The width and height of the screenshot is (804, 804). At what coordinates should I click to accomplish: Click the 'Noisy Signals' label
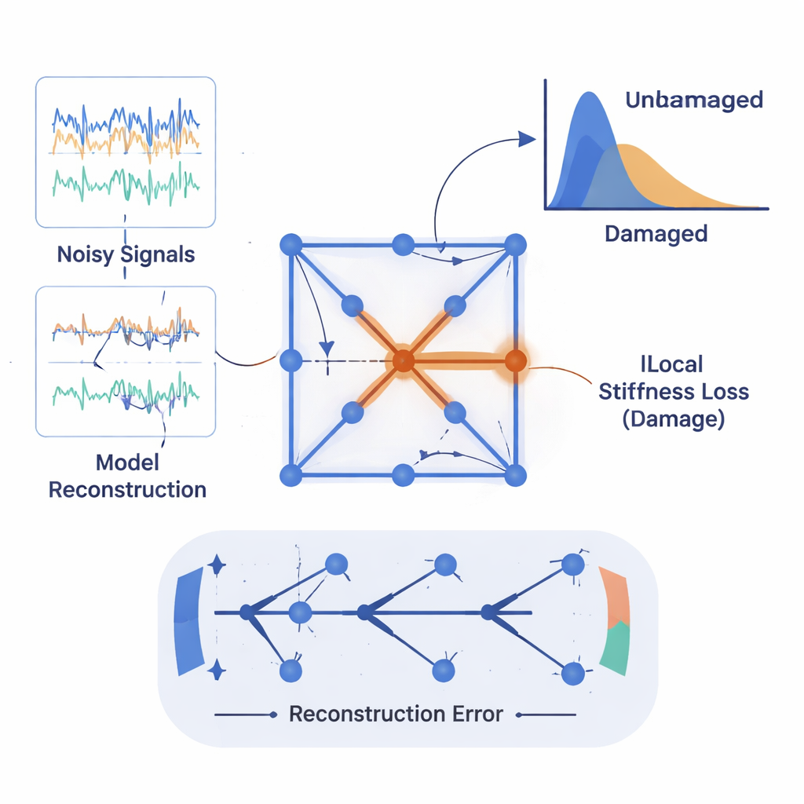126,254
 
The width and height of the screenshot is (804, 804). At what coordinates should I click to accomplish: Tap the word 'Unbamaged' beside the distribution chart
694,100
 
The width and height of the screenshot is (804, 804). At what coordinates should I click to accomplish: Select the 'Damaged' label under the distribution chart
656,233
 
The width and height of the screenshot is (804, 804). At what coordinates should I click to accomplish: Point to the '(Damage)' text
673,418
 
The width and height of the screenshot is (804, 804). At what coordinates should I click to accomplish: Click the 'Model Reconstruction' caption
127,475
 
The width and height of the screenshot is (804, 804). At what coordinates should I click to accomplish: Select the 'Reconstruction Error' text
396,714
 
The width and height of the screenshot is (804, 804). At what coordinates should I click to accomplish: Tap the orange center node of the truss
402,361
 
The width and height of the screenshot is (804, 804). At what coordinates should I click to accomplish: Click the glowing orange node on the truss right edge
515,361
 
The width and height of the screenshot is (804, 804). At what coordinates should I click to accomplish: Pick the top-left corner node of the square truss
291,244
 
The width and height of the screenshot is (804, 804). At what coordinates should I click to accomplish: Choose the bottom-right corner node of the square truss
515,475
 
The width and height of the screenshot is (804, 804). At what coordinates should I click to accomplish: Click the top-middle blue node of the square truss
404,244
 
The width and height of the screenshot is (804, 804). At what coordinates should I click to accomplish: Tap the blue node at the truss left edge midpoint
291,361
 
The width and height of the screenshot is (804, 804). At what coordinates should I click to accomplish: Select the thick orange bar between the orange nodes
459,361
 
